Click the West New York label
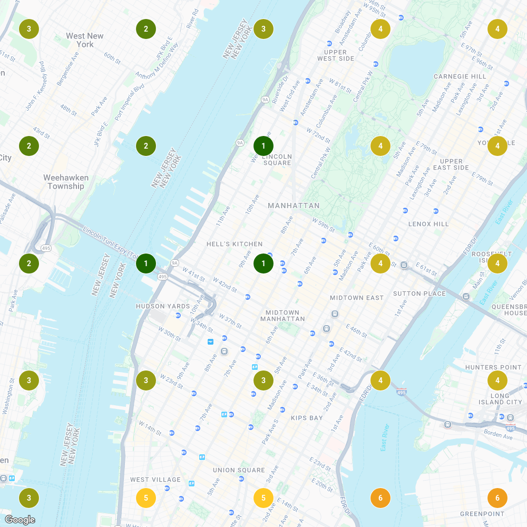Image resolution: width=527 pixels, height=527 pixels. (84, 40)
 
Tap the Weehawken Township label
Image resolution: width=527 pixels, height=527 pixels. (66, 182)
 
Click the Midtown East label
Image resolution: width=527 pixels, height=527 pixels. (357, 298)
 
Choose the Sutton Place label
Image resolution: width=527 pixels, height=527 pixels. (419, 294)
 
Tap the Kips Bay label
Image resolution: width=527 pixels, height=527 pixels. (307, 418)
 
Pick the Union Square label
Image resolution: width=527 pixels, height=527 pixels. (239, 470)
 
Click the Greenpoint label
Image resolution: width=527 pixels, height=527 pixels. (482, 514)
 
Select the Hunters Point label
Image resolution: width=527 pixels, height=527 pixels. (493, 367)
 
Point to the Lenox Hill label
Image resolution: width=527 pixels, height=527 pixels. (428, 224)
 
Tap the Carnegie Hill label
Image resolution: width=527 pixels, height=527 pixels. (460, 76)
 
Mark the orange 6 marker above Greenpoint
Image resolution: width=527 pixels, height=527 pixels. (497, 497)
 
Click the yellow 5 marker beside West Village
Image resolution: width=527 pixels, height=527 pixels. (146, 497)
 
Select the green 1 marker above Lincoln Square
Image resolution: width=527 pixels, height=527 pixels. (263, 145)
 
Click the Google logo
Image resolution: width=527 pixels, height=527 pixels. (20, 520)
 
